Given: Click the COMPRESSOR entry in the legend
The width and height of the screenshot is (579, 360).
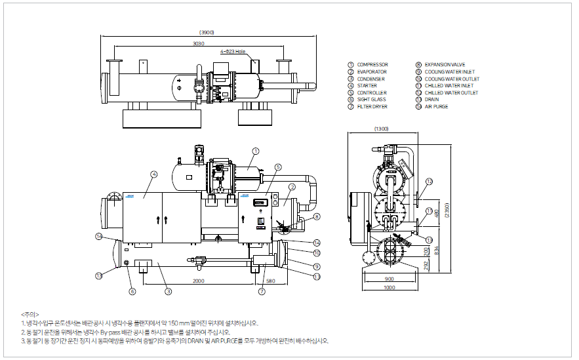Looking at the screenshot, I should (x=372, y=65).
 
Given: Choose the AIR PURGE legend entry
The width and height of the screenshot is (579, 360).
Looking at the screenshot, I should (x=436, y=106).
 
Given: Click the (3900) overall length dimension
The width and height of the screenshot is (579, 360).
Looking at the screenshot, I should (x=207, y=32).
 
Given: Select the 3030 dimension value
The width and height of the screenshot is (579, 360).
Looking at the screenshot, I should (x=199, y=43).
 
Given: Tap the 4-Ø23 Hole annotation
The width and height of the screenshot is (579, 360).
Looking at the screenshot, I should (x=232, y=50).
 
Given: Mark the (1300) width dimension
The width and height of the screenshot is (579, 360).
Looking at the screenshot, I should (x=381, y=129).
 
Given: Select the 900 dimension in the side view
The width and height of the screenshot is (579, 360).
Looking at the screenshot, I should (x=389, y=279).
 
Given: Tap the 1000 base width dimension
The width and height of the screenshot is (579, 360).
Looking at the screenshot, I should (x=389, y=287).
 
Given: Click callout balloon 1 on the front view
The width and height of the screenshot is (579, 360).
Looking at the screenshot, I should (x=256, y=151).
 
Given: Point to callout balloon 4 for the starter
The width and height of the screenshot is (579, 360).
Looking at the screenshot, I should (x=153, y=174).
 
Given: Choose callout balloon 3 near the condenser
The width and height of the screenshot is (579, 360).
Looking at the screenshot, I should (x=168, y=291).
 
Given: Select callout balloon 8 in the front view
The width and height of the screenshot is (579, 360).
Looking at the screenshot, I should (x=317, y=216).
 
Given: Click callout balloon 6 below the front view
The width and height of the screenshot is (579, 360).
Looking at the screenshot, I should (x=132, y=291).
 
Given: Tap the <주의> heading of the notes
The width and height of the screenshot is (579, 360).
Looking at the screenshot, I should (x=30, y=314).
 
